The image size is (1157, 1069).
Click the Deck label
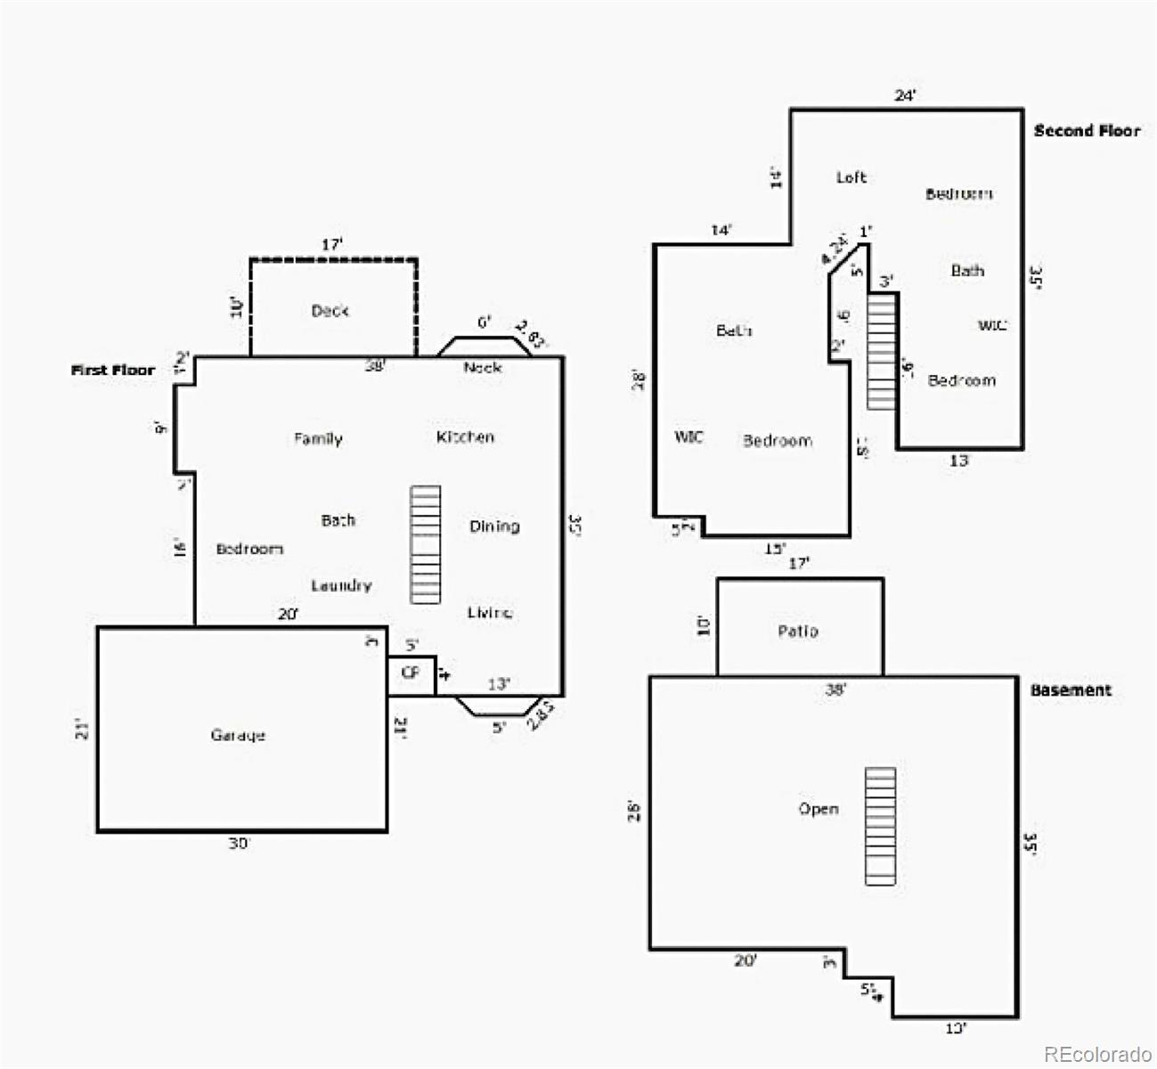point(330,310)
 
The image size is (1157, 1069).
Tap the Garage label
point(238,735)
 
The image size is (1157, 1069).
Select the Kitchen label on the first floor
point(465,437)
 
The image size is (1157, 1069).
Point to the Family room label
point(318,438)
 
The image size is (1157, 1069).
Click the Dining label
point(494,526)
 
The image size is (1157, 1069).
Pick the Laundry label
point(341,585)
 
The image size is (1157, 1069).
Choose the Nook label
point(482,367)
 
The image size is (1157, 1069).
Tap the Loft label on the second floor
point(851,177)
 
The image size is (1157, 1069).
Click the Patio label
point(798,631)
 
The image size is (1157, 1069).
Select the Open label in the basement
point(819,809)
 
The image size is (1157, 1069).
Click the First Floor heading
point(113,370)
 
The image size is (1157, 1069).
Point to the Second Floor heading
point(1087,131)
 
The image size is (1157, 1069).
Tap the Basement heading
point(1071,690)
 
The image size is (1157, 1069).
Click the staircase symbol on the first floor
point(425,545)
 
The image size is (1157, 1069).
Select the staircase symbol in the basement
point(880,826)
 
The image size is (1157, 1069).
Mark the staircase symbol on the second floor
point(881,350)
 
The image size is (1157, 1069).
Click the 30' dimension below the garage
point(239,843)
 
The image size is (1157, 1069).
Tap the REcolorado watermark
point(1097,1054)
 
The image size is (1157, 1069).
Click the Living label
point(489,612)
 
